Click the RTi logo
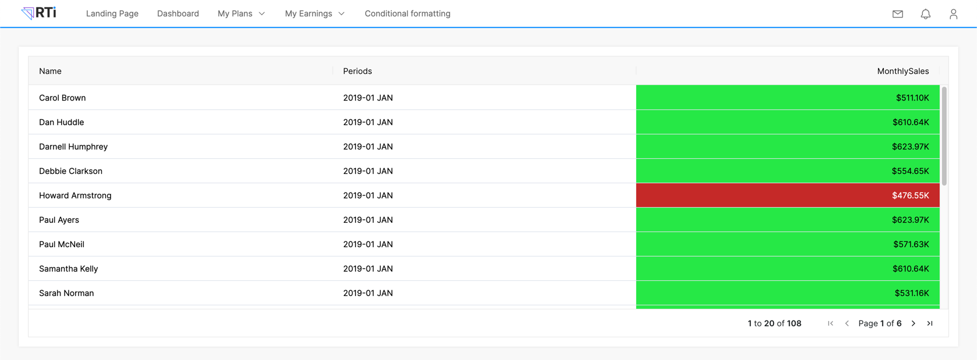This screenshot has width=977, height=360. pos(39,13)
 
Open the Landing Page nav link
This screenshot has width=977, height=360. pos(112,13)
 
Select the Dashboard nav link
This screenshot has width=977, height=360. pos(178,13)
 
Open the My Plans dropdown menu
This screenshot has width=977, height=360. pos(241,13)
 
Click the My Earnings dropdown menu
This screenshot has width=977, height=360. pos(315,13)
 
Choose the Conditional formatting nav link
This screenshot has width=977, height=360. pos(408,13)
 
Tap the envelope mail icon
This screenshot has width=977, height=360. pos(898,14)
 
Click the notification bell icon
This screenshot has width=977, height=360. pos(926,14)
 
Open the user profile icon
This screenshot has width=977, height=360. pos(953,14)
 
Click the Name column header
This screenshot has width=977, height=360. pos(51,71)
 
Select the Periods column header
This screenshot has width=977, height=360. pos(358,71)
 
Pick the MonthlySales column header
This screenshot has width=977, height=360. pos(903,71)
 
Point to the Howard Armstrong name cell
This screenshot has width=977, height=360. pos(76,195)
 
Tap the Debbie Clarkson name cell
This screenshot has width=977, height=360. pos(71,171)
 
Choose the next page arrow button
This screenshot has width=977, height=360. pos(914,323)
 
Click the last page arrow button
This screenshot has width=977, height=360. pos(930,323)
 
